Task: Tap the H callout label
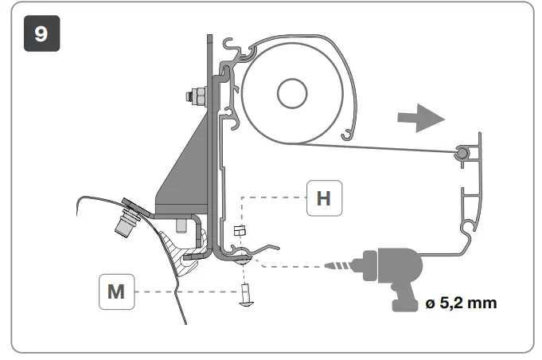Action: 323,198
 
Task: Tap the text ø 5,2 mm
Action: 462,303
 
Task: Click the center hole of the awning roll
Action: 291,95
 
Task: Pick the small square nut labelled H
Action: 241,231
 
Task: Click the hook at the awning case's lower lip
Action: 348,130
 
